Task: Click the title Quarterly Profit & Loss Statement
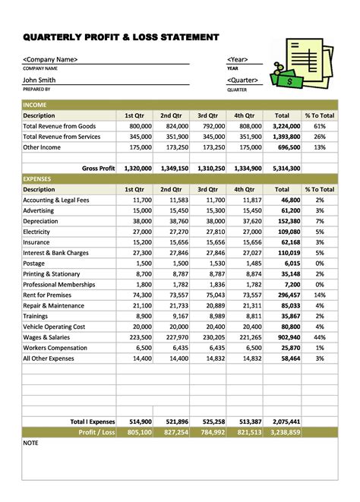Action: point(122,36)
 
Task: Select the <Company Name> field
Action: point(50,59)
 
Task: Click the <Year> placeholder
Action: point(239,59)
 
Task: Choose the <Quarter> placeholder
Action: point(243,80)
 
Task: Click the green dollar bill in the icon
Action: point(289,78)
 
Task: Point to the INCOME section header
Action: point(35,105)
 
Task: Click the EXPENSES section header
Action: point(38,178)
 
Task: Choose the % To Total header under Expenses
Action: point(319,189)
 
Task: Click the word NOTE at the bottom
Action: point(30,442)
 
